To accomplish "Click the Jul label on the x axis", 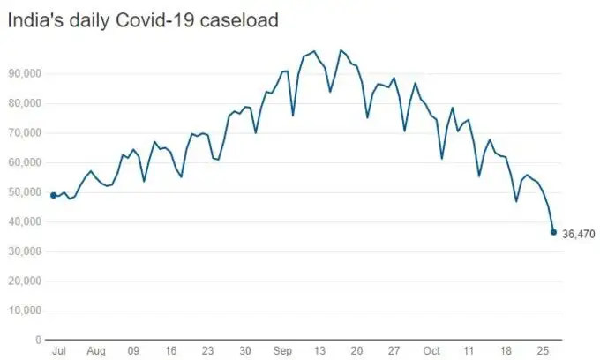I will [x=59, y=350].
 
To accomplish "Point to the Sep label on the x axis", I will [x=283, y=350].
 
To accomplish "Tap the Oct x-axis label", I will [x=431, y=350].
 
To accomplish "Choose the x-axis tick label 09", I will [x=133, y=350].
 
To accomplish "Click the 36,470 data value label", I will [x=579, y=234].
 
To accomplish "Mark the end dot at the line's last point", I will [x=553, y=232].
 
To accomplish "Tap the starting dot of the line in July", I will [x=54, y=195].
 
